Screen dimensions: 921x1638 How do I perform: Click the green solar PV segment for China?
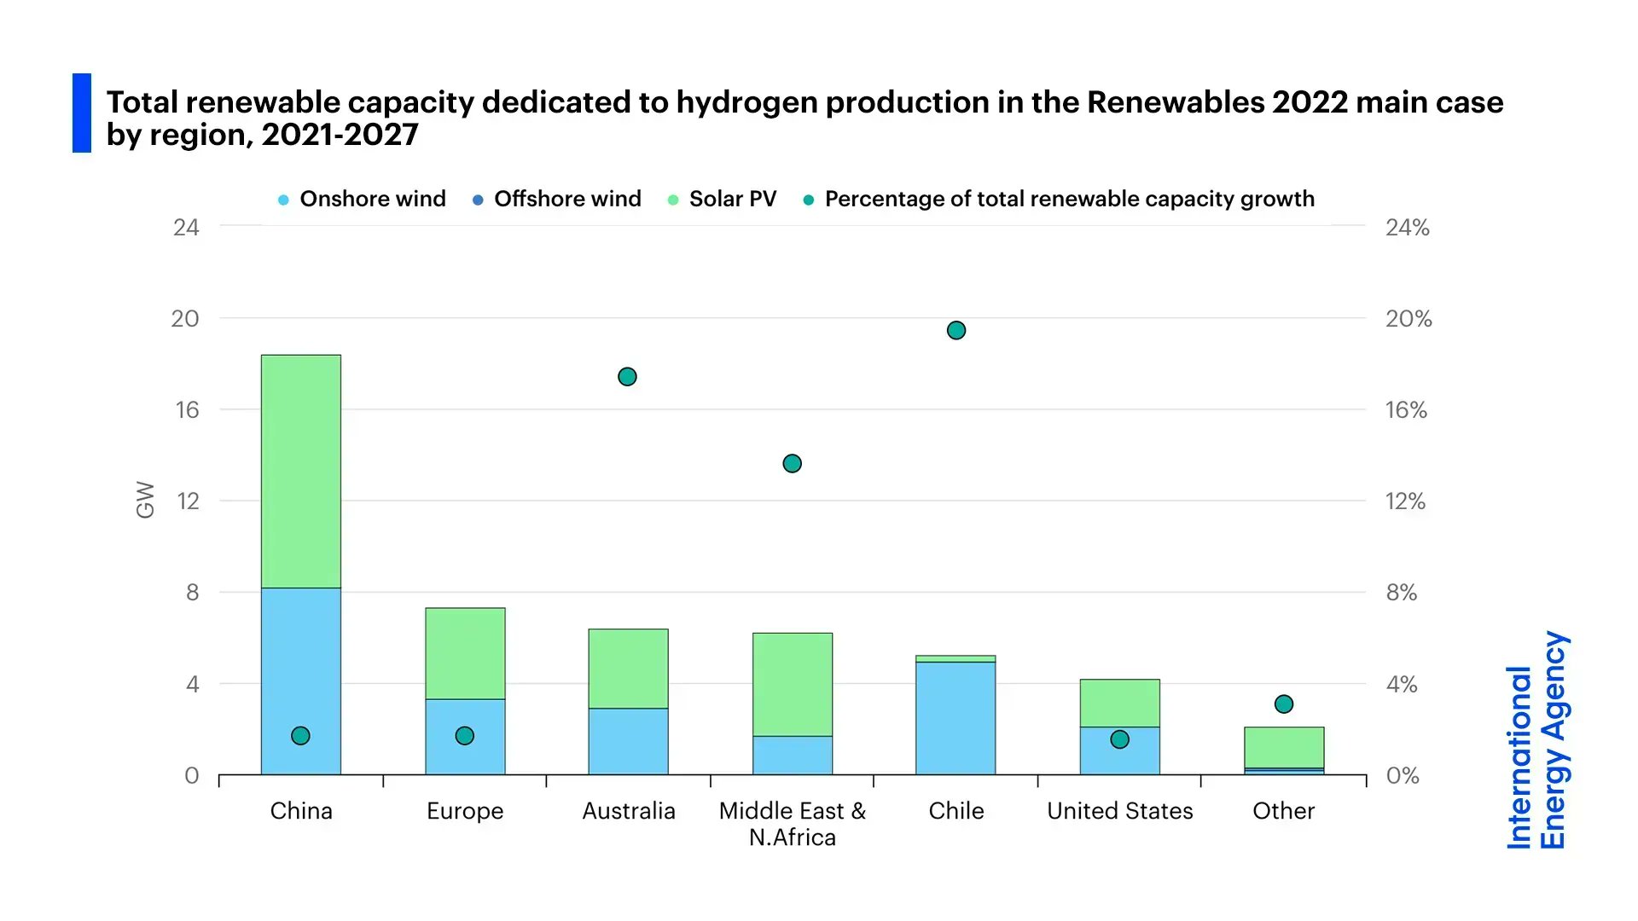[300, 471]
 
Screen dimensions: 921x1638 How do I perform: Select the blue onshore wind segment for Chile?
[955, 718]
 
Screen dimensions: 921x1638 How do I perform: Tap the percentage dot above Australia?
[627, 377]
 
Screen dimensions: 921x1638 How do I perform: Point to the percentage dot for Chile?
[956, 330]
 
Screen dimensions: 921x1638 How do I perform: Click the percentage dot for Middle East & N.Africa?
[792, 464]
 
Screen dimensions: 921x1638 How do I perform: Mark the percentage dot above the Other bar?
[1284, 704]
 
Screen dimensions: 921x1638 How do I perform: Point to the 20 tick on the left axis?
[185, 319]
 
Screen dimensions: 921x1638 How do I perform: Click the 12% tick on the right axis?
[1405, 501]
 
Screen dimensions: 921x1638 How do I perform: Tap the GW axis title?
[146, 500]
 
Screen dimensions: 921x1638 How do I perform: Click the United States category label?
[1119, 811]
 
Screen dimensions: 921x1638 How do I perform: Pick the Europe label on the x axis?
[465, 811]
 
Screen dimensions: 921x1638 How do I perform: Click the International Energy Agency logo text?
[1537, 740]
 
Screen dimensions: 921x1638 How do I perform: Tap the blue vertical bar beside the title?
[82, 113]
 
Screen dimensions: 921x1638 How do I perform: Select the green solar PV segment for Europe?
[465, 653]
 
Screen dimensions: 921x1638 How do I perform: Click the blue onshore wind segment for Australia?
[629, 741]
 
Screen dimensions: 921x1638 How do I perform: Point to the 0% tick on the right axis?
[1402, 776]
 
